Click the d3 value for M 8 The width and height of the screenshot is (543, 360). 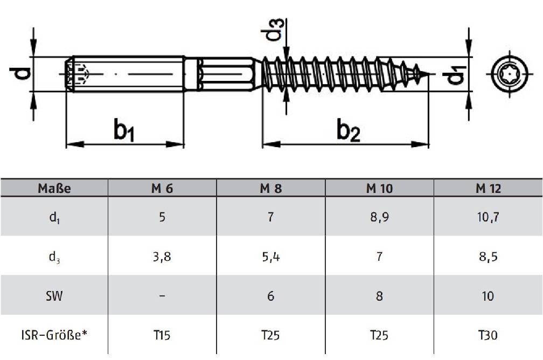coord(271,257)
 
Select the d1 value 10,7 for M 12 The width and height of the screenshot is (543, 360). coord(488,217)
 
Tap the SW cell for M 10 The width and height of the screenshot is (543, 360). coord(379,296)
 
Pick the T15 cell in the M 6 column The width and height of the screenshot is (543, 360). coord(162,335)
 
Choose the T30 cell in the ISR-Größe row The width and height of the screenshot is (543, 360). coord(488,335)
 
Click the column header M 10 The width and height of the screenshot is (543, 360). coord(379,189)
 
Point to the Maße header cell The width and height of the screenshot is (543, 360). coord(54,189)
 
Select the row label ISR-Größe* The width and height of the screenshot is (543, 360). coord(54,335)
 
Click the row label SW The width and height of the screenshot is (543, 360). coord(54,296)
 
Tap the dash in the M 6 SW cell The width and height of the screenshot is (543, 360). coord(162,296)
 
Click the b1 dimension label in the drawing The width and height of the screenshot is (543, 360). coord(124,130)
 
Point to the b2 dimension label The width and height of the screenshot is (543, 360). coord(348,130)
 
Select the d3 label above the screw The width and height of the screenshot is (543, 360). coord(273,30)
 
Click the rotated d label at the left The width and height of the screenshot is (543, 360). coord(20,73)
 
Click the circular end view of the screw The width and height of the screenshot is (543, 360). coord(510,74)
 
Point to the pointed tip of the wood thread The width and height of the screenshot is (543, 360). coord(433,74)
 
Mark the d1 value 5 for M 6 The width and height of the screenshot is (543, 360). coord(162,217)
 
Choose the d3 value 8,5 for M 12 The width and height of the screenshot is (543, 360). coord(488,257)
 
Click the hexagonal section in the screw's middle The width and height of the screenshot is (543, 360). coord(227,74)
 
